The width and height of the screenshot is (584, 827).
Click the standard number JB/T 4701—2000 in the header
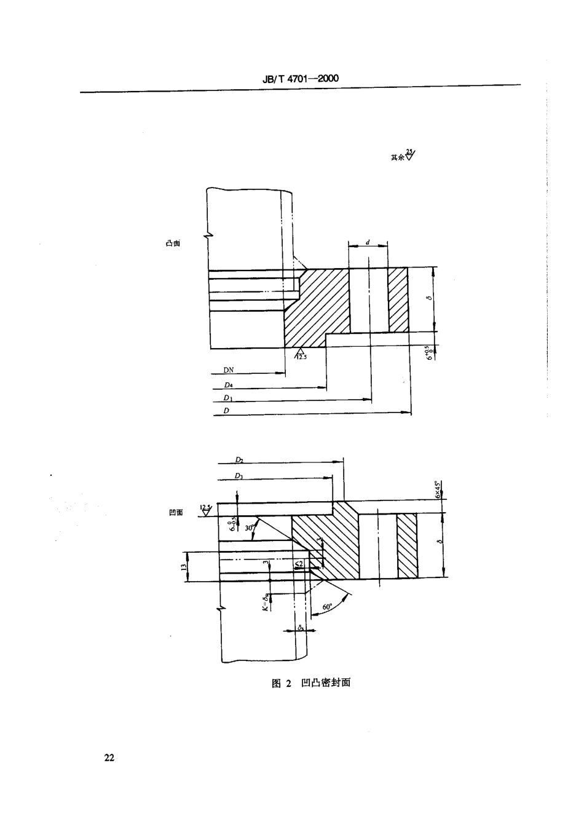click(301, 79)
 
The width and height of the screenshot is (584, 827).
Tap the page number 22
click(109, 758)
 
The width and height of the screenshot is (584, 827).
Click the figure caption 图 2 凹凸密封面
click(311, 683)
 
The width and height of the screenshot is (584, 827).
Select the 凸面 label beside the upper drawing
click(173, 243)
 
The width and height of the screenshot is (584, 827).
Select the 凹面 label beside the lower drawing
click(176, 512)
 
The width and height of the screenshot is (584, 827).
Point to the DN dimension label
click(228, 370)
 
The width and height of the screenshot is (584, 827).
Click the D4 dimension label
click(229, 385)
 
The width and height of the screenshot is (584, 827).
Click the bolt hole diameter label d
click(368, 242)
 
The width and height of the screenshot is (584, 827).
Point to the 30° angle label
click(250, 528)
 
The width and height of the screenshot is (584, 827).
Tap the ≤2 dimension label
click(298, 563)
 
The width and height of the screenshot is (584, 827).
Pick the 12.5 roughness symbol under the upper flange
click(302, 354)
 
